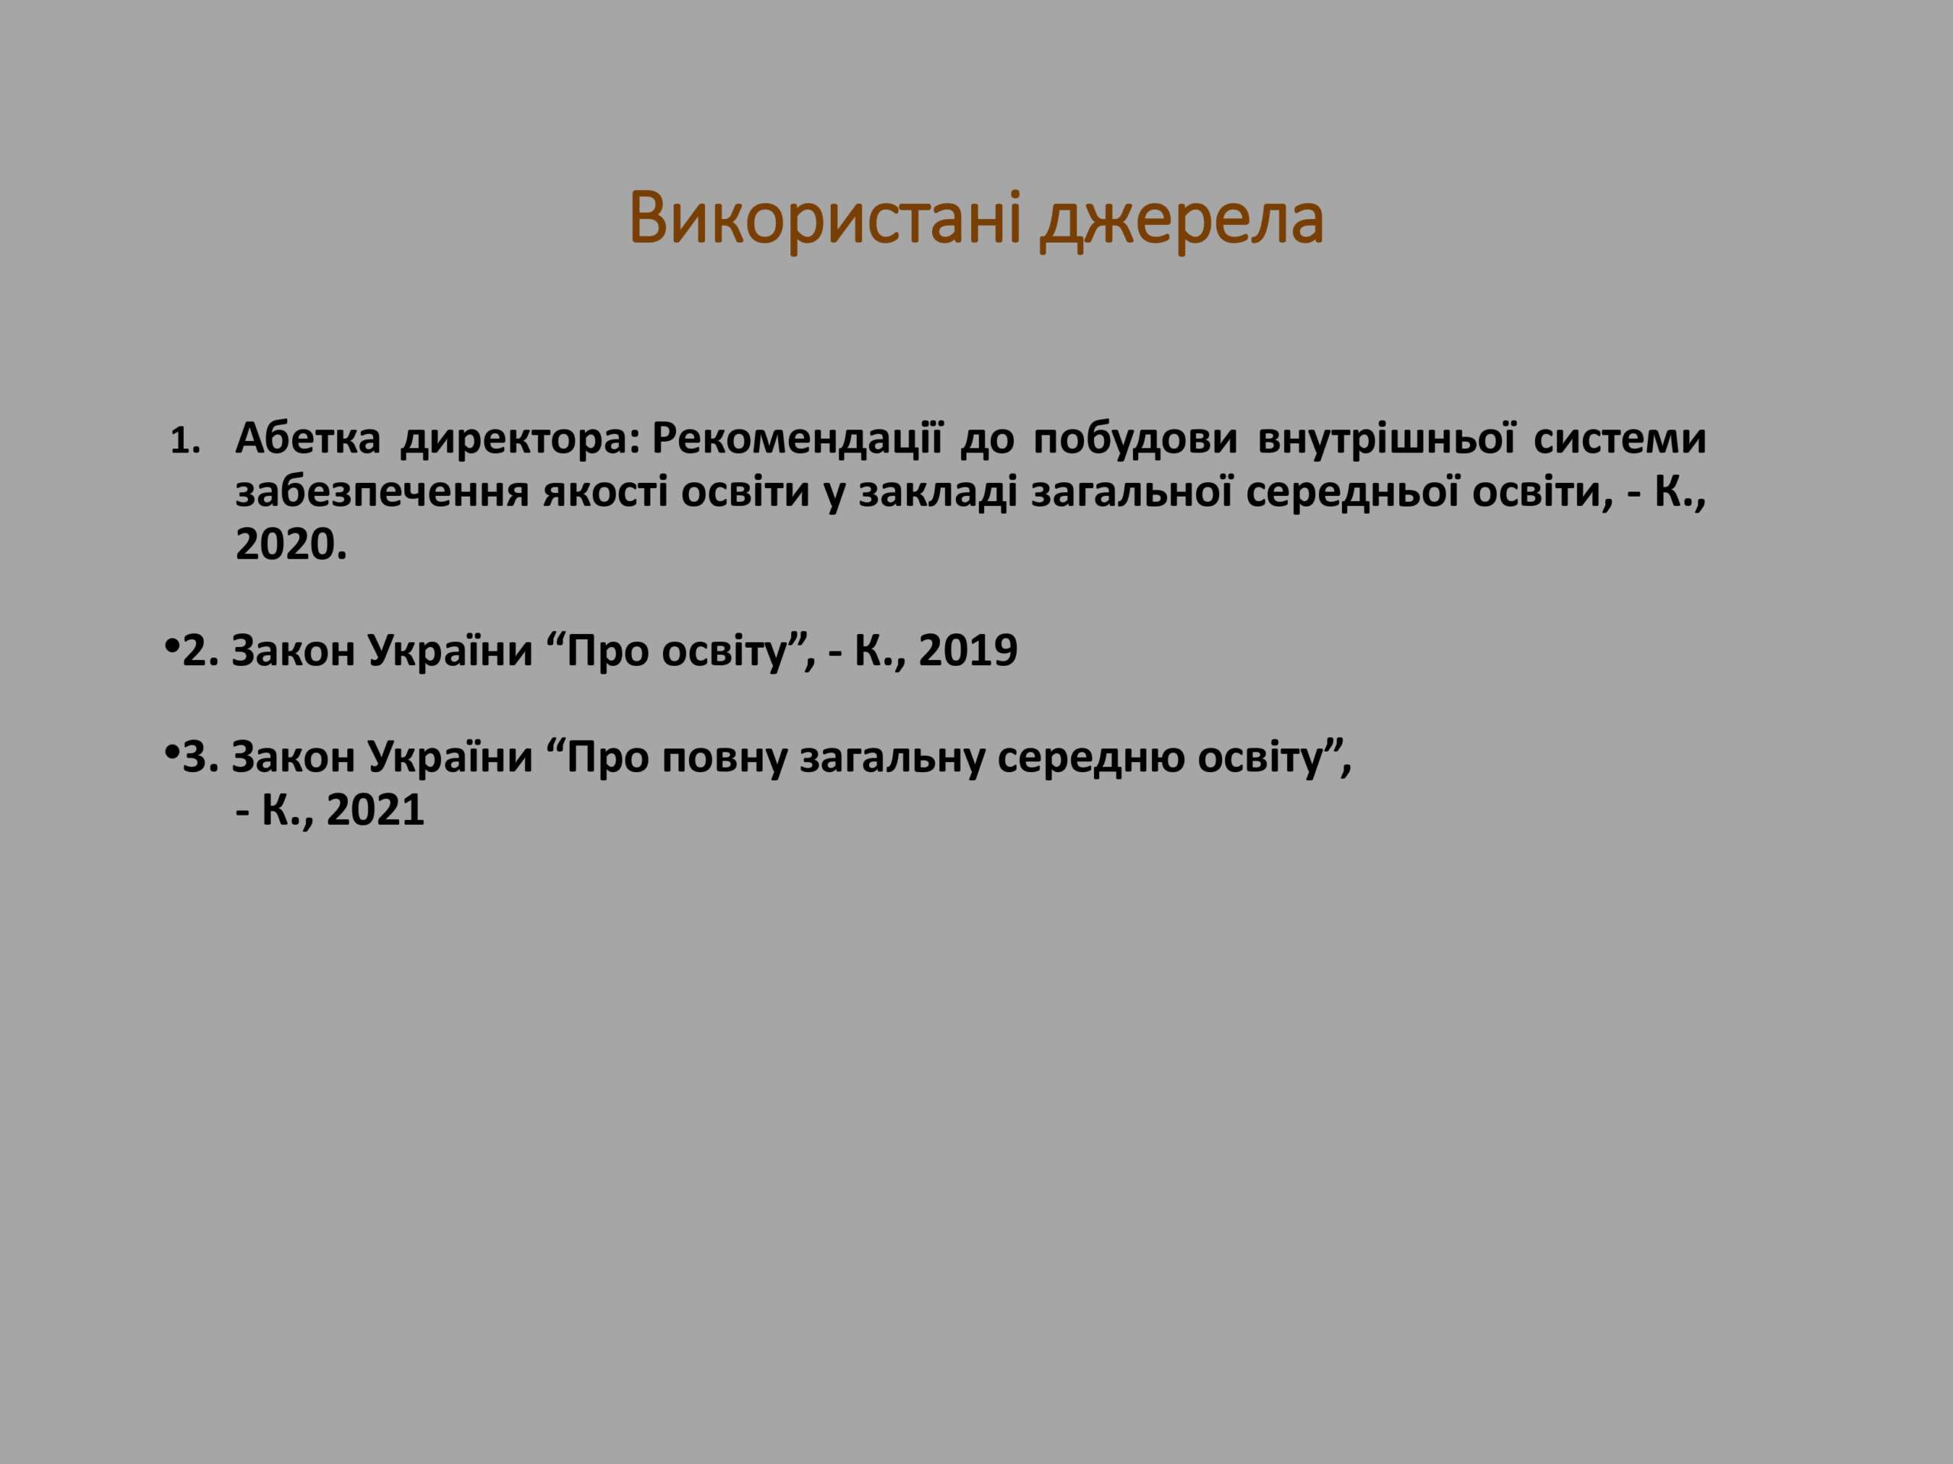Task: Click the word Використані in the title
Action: pyautogui.click(x=825, y=218)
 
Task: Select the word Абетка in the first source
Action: pyautogui.click(x=308, y=438)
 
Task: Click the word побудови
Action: pyautogui.click(x=1135, y=439)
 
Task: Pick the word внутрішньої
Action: pyautogui.click(x=1387, y=438)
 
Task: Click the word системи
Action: pyautogui.click(x=1620, y=439)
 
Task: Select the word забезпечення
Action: pyautogui.click(x=381, y=493)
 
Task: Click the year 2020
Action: pyautogui.click(x=291, y=545)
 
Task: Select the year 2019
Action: pyautogui.click(x=969, y=651)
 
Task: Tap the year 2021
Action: pyautogui.click(x=375, y=809)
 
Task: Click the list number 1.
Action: pyautogui.click(x=185, y=442)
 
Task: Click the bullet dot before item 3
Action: pyautogui.click(x=172, y=754)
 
